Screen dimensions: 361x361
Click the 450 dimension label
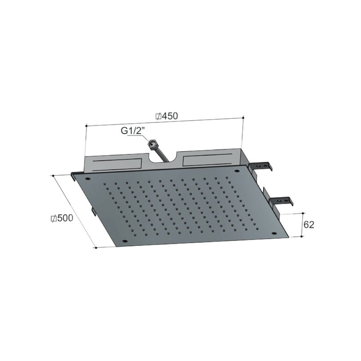point(170,116)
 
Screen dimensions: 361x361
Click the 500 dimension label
point(65,218)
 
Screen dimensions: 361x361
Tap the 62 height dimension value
point(309,225)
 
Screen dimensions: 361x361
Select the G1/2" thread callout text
point(132,131)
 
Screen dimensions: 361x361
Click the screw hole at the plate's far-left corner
point(87,179)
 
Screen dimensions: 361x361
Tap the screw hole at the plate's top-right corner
point(236,171)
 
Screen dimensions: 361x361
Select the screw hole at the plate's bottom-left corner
point(125,241)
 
